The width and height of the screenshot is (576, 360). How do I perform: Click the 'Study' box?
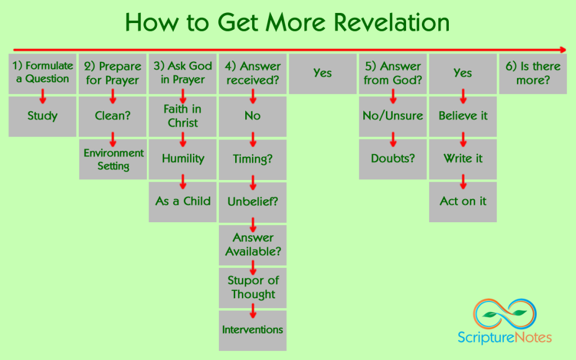point(42,116)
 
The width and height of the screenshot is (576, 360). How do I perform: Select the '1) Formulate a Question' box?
point(42,73)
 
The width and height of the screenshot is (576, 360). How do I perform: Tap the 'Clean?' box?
point(112,116)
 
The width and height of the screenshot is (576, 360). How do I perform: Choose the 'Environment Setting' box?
point(112,159)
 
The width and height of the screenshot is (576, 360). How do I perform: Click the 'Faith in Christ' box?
point(183,116)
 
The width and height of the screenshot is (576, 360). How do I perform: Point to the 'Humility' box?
point(183,159)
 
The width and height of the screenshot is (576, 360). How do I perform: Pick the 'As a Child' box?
point(183,201)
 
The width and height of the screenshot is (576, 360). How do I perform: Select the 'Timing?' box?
point(253,159)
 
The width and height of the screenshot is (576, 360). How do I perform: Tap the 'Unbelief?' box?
point(253,201)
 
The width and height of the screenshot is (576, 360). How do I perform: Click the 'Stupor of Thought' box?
point(253,287)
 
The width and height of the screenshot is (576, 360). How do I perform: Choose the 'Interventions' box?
point(253,330)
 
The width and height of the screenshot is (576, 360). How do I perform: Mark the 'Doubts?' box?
point(393,159)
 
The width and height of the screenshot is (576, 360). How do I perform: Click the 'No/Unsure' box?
point(393,116)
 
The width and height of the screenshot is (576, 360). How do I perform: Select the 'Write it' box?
point(463,159)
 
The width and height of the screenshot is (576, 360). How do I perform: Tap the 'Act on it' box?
point(463,201)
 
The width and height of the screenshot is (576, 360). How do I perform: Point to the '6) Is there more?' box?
point(533,73)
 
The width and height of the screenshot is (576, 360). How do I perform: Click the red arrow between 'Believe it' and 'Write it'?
point(463,138)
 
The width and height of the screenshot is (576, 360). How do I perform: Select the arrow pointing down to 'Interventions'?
point(253,309)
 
